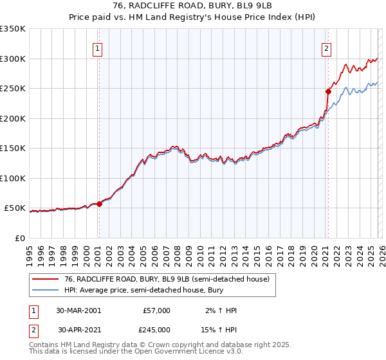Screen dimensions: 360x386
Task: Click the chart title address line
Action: point(193,6)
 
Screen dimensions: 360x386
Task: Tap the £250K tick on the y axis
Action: point(13,89)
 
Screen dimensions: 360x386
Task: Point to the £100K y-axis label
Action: point(13,178)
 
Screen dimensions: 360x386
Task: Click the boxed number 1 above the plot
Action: point(98,48)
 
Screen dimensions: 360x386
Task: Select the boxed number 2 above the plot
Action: point(327,48)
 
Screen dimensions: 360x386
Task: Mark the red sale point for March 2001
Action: point(99,204)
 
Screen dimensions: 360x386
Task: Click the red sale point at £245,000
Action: point(328,92)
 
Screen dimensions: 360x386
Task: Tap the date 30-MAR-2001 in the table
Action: point(78,310)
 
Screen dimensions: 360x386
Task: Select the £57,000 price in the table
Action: point(156,310)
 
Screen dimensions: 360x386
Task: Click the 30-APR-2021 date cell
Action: point(78,330)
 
